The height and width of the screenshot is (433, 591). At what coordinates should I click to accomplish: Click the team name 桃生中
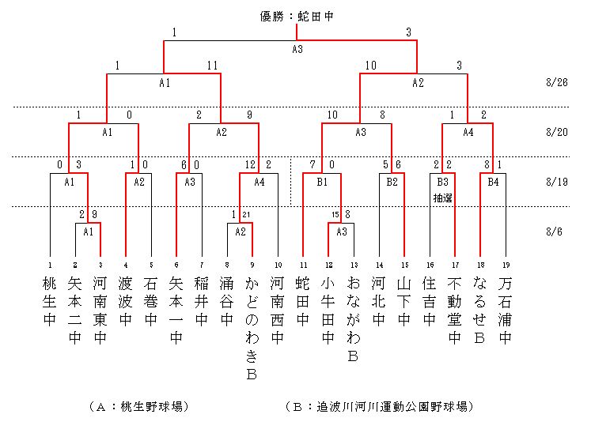coord(51,300)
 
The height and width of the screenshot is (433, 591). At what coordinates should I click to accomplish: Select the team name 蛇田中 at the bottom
coord(303,300)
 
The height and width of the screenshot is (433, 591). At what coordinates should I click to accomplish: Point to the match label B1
coord(322,180)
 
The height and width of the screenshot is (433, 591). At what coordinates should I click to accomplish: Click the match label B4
coord(493,180)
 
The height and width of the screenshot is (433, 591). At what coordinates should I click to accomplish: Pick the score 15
coord(335,214)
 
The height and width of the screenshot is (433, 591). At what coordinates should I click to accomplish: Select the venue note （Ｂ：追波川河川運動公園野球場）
coord(379,406)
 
